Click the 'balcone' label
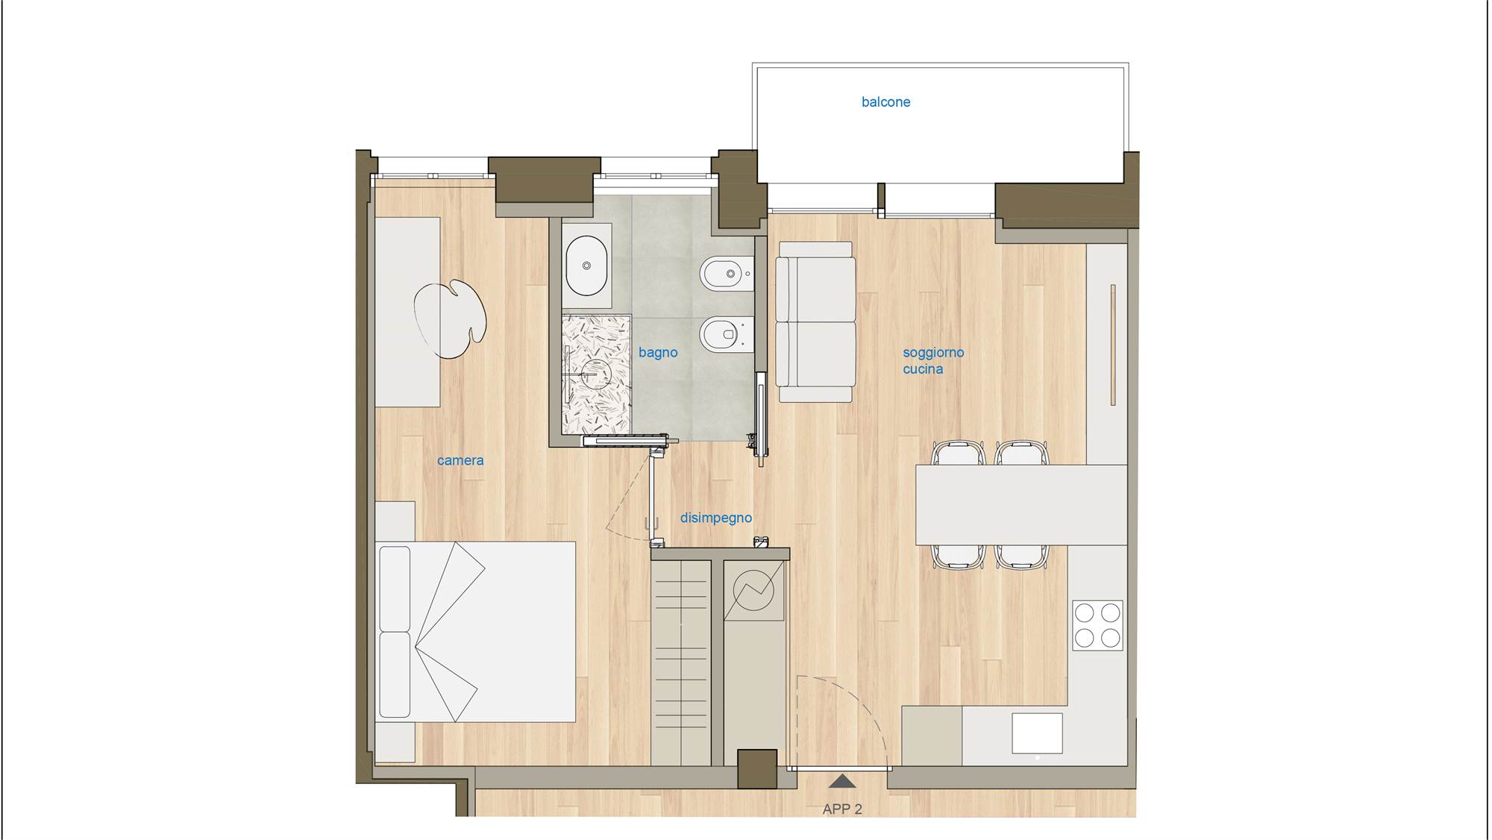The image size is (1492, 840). pyautogui.click(x=886, y=102)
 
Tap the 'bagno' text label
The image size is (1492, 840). pyautogui.click(x=658, y=353)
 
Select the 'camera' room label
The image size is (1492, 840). pyautogui.click(x=460, y=460)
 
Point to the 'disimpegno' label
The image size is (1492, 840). pyautogui.click(x=716, y=518)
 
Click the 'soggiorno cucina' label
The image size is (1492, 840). pyautogui.click(x=933, y=360)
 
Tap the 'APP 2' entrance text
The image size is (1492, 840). pyautogui.click(x=842, y=809)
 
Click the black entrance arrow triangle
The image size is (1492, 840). pyautogui.click(x=842, y=782)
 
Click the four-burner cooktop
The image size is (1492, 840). pyautogui.click(x=1097, y=626)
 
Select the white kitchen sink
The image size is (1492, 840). pyautogui.click(x=1037, y=733)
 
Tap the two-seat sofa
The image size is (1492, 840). pyautogui.click(x=815, y=322)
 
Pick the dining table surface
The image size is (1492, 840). pyautogui.click(x=1021, y=505)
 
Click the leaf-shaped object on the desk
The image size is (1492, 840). pyautogui.click(x=450, y=320)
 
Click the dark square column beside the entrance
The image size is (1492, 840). pyautogui.click(x=757, y=769)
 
